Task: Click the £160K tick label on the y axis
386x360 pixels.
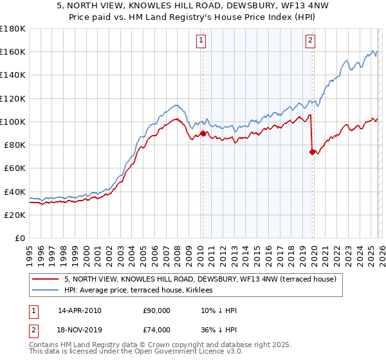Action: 13,51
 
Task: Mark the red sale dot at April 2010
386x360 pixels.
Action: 203,134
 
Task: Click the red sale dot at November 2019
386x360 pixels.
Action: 312,152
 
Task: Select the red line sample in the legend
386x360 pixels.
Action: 46,279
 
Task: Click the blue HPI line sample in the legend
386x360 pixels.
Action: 46,291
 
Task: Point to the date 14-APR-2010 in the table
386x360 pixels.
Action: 79,310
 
